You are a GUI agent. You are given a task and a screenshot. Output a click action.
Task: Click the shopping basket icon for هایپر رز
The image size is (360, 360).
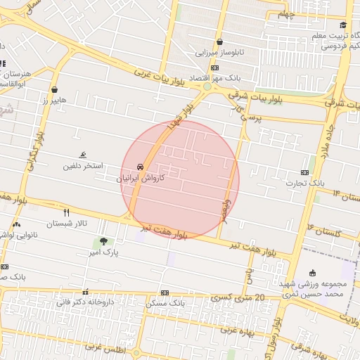tap(56, 89)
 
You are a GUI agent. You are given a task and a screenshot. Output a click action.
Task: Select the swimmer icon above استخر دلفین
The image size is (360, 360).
tap(83, 155)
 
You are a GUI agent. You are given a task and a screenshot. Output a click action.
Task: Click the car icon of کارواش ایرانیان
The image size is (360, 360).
tap(141, 167)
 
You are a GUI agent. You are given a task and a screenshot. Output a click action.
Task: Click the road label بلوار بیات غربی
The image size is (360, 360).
tap(161, 77)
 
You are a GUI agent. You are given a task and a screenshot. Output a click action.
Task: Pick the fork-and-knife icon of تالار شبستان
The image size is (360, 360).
tap(67, 212)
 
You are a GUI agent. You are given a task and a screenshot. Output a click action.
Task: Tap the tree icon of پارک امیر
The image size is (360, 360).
tap(104, 241)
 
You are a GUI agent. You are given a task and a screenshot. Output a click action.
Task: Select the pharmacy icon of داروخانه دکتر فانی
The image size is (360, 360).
tap(86, 292)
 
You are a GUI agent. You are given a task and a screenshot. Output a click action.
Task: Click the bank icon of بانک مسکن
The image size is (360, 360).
tap(165, 292)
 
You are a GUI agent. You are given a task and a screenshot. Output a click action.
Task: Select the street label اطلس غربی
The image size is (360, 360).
tap(104, 347)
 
